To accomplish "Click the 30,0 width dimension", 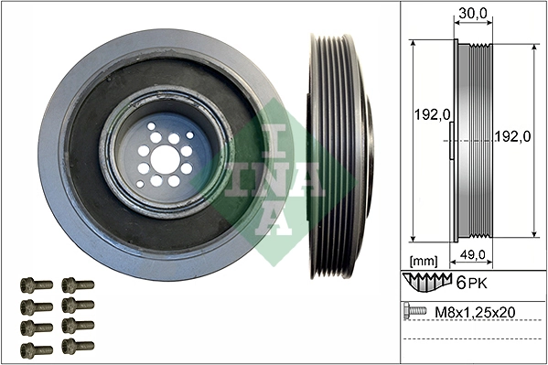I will click(x=472, y=13).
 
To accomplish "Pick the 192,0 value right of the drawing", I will click(x=513, y=136).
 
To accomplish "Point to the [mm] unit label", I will click(x=425, y=260).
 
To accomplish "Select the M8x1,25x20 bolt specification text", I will click(x=475, y=313).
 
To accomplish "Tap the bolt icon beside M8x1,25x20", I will click(x=415, y=312).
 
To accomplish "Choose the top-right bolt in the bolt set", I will click(x=78, y=285).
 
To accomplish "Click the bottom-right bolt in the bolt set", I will click(x=78, y=347).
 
